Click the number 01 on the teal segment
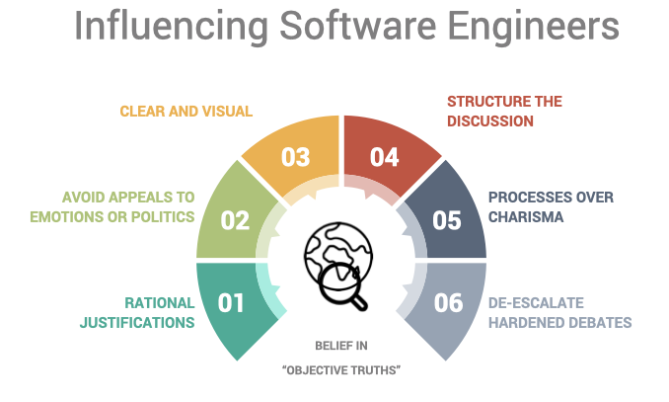pyautogui.click(x=231, y=302)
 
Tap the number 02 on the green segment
pyautogui.click(x=235, y=219)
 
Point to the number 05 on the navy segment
pyautogui.click(x=447, y=219)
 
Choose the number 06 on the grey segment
pyautogui.click(x=449, y=302)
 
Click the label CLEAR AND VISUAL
pyautogui.click(x=186, y=112)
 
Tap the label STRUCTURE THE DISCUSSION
pyautogui.click(x=503, y=112)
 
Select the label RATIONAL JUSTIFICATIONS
pyautogui.click(x=159, y=312)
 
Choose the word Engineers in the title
pyautogui.click(x=524, y=27)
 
